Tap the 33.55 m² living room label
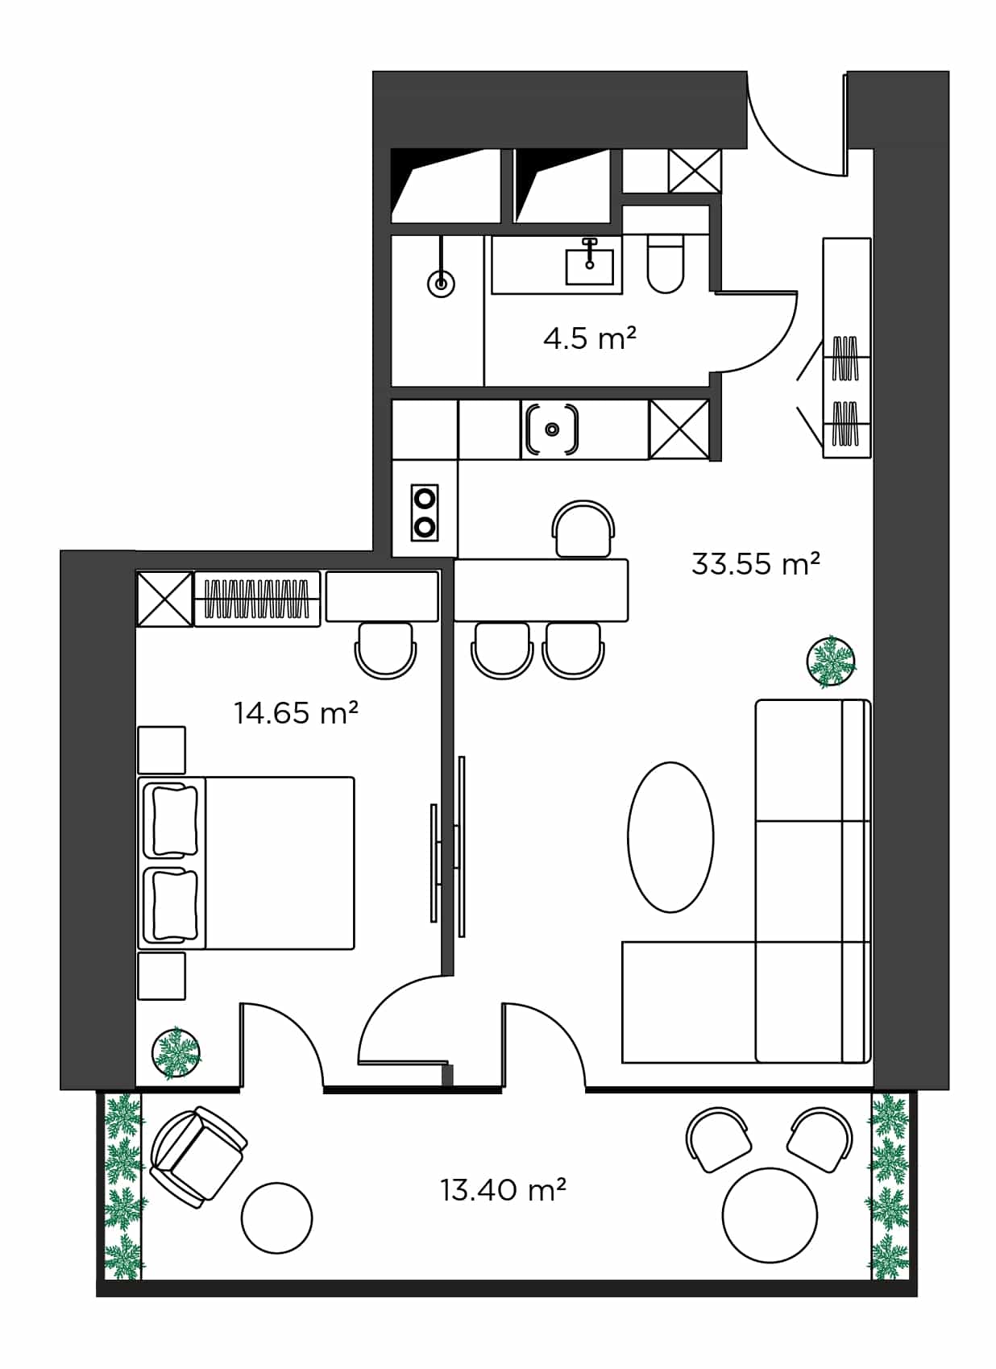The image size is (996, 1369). [754, 563]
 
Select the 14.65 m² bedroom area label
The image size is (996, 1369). [296, 712]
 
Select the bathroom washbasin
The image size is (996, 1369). [589, 264]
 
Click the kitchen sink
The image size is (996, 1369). [552, 429]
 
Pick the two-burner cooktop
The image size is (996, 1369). [425, 512]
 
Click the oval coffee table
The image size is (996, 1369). [670, 837]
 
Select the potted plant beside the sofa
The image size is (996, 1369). [831, 662]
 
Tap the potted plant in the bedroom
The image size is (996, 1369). [176, 1052]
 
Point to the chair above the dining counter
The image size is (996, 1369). [583, 529]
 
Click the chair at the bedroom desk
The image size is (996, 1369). [385, 649]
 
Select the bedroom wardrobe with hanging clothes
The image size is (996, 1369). [257, 599]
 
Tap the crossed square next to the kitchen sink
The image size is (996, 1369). [679, 429]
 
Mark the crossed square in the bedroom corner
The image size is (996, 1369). [164, 599]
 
